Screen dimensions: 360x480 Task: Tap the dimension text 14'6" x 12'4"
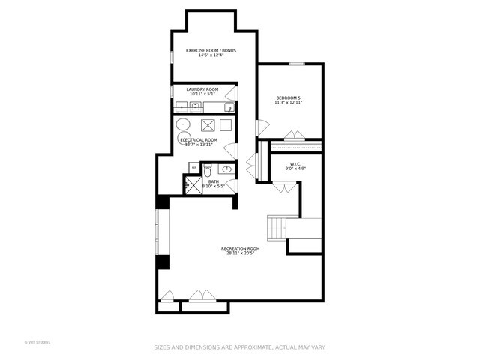click(211, 55)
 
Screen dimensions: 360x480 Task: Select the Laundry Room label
click(202, 89)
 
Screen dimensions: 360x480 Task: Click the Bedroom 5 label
click(288, 97)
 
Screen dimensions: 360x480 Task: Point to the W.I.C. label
click(295, 164)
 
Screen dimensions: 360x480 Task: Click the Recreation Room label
click(240, 248)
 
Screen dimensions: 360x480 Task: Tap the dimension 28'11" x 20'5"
click(240, 253)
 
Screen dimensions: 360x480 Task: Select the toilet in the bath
click(208, 172)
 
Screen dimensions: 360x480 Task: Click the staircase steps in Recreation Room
click(278, 226)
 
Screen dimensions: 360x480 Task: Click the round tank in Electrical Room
click(183, 125)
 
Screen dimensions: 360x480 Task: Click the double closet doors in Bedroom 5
click(294, 136)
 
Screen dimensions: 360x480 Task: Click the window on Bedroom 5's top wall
click(297, 64)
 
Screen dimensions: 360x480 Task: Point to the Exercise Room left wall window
click(172, 56)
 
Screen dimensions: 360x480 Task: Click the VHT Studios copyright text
click(37, 342)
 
